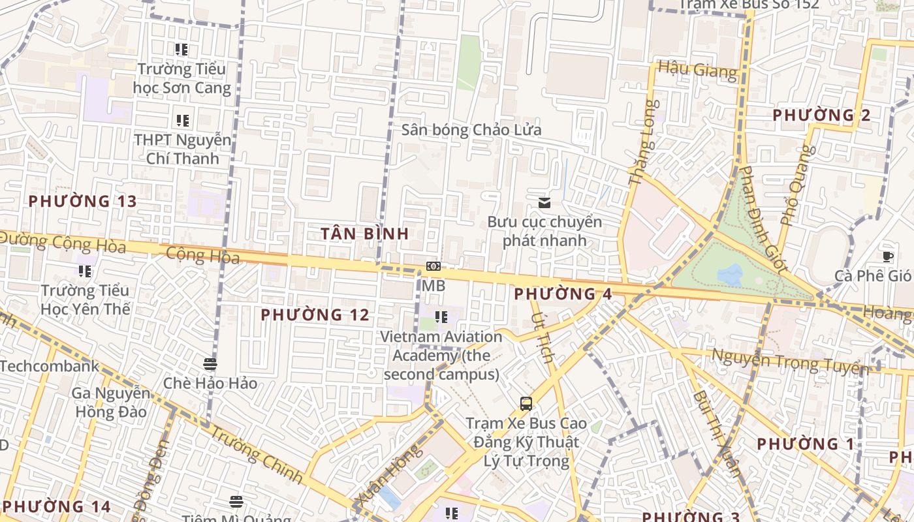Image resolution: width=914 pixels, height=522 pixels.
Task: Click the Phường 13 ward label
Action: pos(83,201)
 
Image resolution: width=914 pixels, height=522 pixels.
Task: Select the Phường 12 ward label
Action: pos(315,315)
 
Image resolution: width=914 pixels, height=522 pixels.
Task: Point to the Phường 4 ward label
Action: pos(563,294)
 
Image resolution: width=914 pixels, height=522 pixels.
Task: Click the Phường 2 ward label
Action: pos(821,115)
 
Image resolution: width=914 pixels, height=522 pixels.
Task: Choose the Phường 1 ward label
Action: pos(805,444)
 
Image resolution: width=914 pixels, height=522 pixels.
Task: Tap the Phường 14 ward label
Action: pos(56,506)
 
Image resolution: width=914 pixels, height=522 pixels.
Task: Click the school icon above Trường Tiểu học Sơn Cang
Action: pos(181,49)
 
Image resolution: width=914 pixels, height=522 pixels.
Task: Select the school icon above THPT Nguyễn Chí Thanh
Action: pos(182,120)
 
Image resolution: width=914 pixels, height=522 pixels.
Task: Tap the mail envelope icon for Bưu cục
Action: pos(544,203)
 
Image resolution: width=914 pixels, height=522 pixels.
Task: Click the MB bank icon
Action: pos(433,266)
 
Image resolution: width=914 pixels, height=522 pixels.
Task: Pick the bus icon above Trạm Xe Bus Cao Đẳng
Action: pos(526,403)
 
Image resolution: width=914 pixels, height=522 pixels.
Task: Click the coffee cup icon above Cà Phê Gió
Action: pos(887,256)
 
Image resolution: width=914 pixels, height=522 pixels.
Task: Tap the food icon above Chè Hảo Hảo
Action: pos(210,363)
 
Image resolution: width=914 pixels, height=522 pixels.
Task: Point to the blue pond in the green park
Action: pos(730,274)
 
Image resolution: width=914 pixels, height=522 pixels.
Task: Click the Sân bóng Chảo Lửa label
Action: pos(471,130)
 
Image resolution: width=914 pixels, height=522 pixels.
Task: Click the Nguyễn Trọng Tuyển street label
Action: pos(789,360)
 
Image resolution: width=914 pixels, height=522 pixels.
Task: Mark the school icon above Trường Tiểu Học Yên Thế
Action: pos(85,271)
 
